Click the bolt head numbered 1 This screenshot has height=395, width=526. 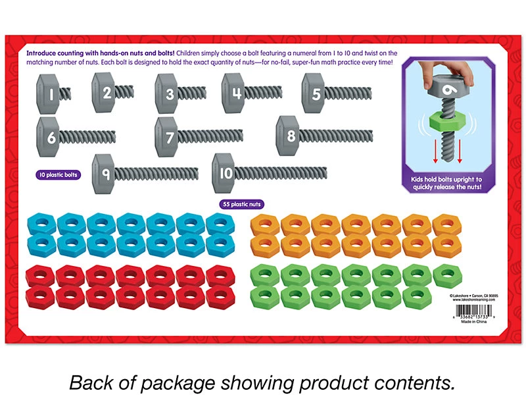pyautogui.click(x=49, y=93)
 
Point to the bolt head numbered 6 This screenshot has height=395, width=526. pyautogui.click(x=50, y=137)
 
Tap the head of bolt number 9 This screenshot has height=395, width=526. pyautogui.click(x=105, y=174)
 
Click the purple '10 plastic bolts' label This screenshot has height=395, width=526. pyautogui.click(x=59, y=175)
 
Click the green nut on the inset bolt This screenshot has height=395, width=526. pyautogui.click(x=444, y=122)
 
